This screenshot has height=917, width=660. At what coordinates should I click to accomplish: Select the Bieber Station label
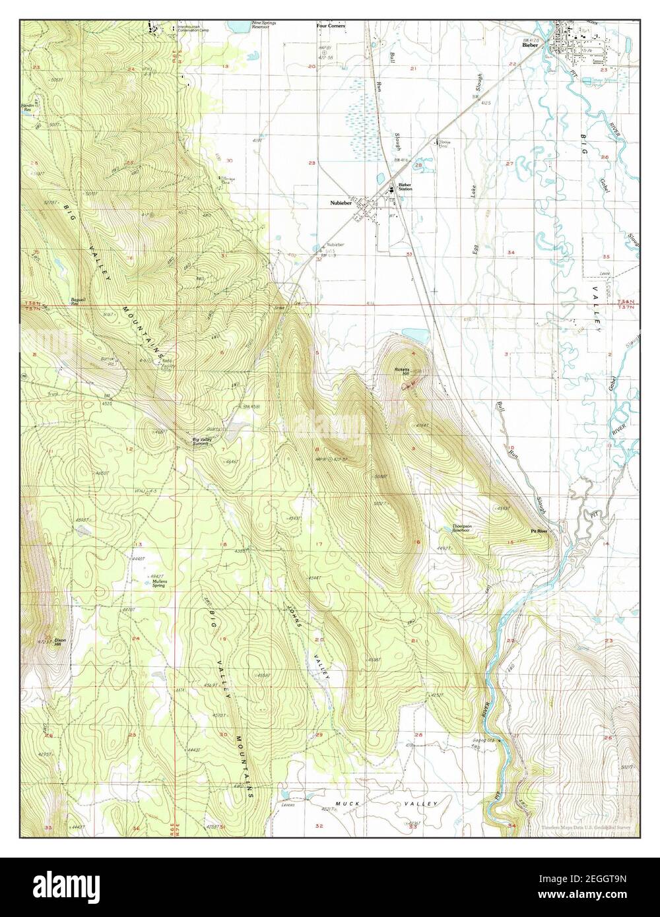coord(405,187)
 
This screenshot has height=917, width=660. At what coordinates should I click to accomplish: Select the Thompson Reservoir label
coord(461,528)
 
